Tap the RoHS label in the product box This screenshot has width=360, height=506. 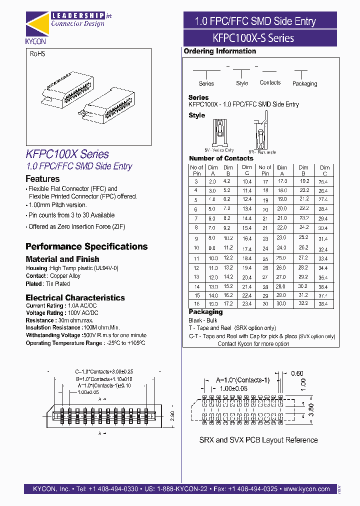pyautogui.click(x=37, y=53)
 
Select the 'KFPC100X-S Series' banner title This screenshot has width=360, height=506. pyautogui.click(x=260, y=38)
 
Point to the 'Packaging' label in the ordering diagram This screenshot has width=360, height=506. pyautogui.click(x=304, y=83)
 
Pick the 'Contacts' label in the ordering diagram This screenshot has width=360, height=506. pyautogui.click(x=270, y=82)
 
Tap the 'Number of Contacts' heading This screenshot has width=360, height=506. pyautogui.click(x=221, y=158)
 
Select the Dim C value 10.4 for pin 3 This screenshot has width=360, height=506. pyautogui.click(x=246, y=181)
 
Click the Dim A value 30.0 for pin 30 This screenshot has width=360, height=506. pyautogui.click(x=282, y=303)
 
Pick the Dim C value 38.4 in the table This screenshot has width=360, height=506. pyautogui.click(x=323, y=304)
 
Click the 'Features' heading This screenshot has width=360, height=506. pyautogui.click(x=42, y=178)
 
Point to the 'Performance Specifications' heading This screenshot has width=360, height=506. pyautogui.click(x=86, y=246)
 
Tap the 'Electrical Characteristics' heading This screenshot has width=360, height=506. pyautogui.click(x=75, y=297)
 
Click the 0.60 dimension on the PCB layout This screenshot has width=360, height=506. pyautogui.click(x=296, y=373)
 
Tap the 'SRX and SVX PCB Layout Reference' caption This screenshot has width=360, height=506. pyautogui.click(x=258, y=440)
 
